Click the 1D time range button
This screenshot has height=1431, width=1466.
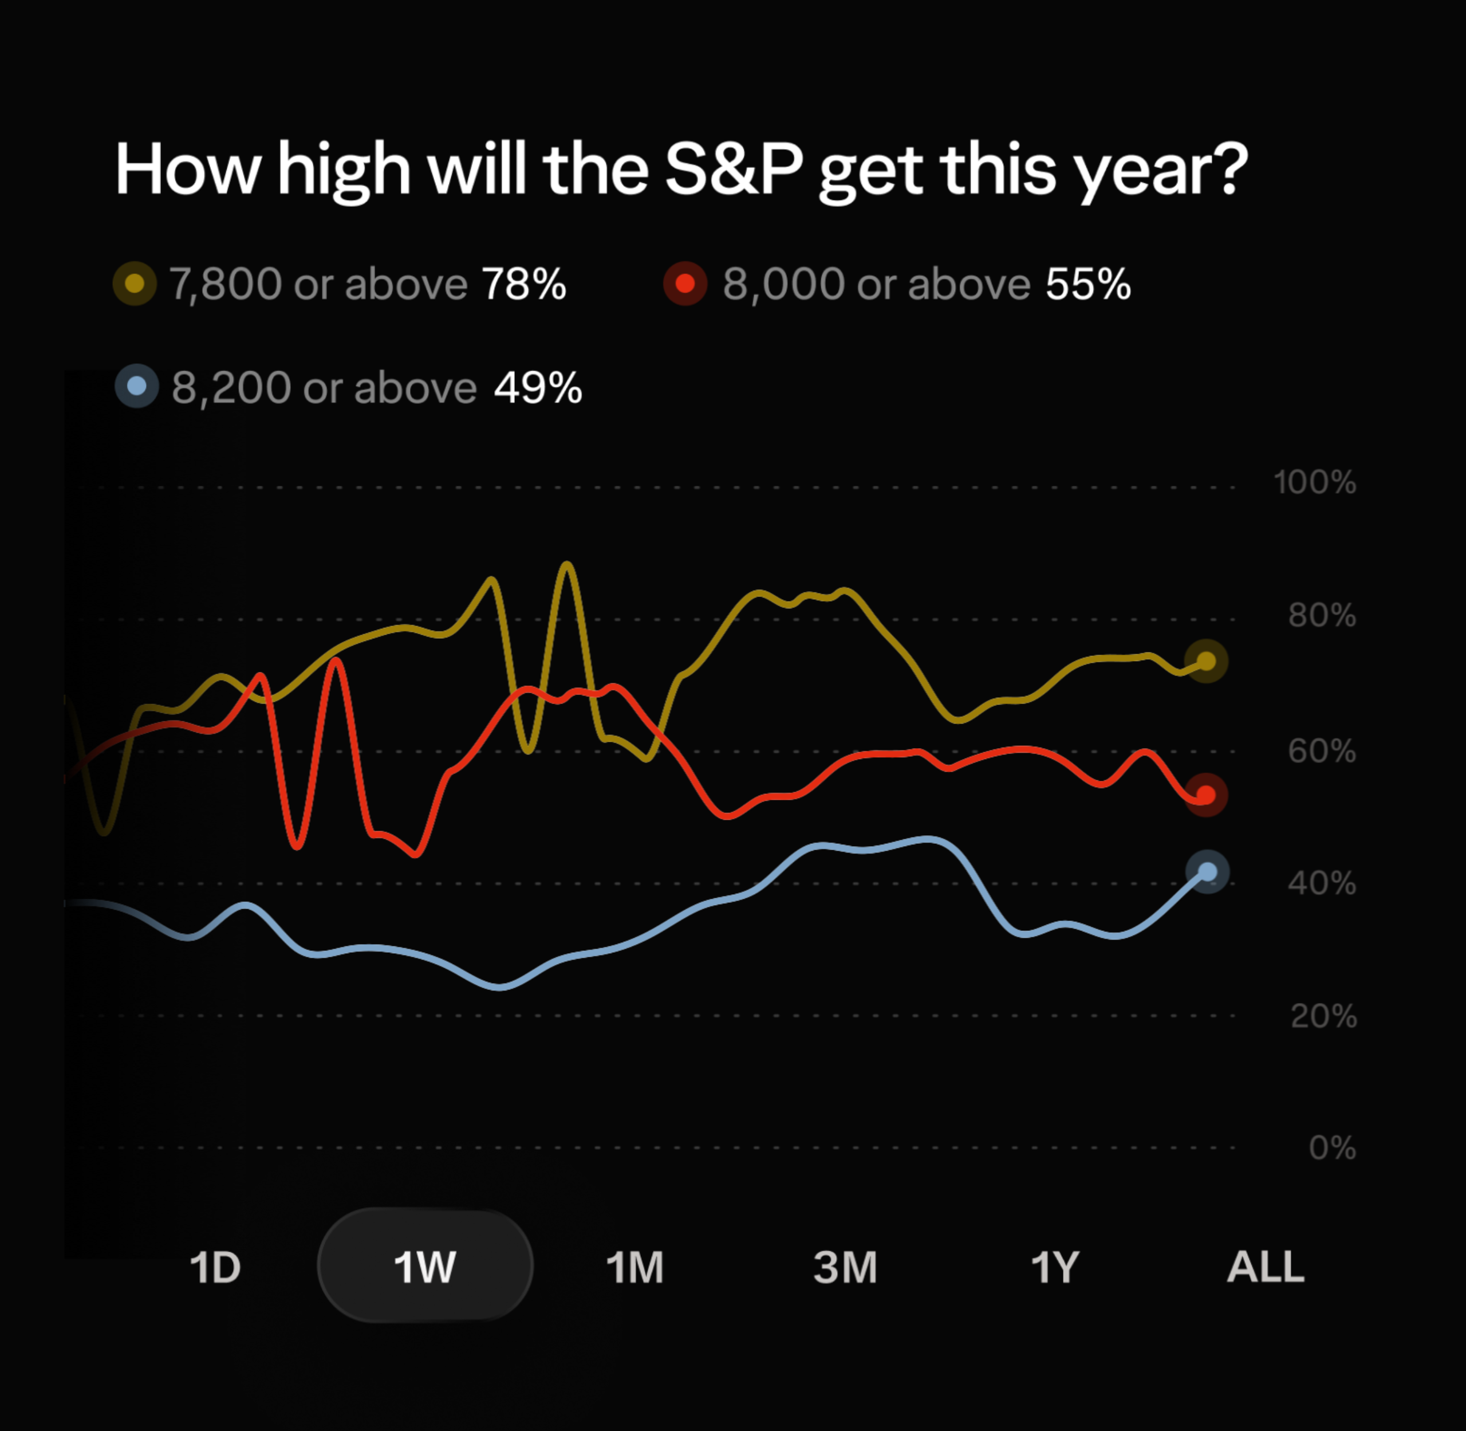[215, 1267]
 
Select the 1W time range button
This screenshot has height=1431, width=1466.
[425, 1265]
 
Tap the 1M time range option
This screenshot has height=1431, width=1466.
[635, 1267]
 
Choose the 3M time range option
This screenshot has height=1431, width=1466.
[845, 1267]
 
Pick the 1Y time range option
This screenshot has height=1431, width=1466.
[1054, 1267]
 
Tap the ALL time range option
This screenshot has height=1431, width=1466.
[1266, 1267]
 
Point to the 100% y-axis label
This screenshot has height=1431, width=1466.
[1315, 482]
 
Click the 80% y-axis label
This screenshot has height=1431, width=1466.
[1322, 616]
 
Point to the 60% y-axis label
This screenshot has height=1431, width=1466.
[1322, 751]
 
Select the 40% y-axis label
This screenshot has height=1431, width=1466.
[1322, 883]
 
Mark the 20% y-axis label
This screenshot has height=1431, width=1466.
[1324, 1017]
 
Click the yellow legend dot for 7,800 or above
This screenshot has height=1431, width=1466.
[135, 284]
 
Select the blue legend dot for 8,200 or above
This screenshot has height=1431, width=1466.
[137, 386]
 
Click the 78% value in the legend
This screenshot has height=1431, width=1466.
[524, 284]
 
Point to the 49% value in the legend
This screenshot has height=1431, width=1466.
[538, 388]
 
